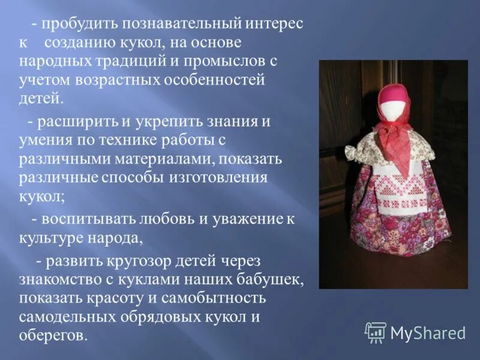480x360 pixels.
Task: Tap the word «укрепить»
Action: pyautogui.click(x=167, y=122)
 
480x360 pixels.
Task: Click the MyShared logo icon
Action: pyautogui.click(x=376, y=332)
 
